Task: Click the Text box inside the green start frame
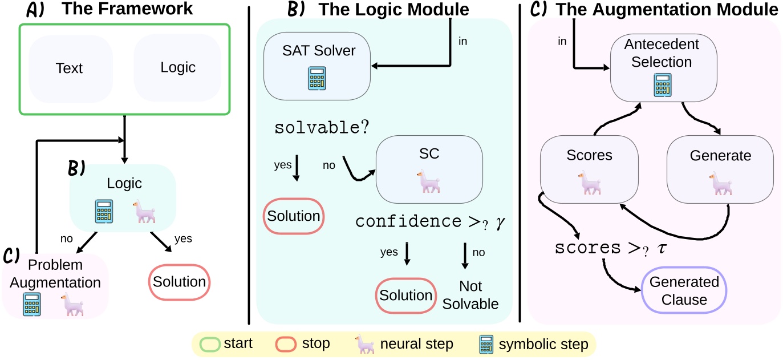[69, 68]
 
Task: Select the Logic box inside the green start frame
[177, 67]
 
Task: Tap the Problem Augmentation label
[55, 274]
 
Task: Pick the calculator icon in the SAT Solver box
[317, 79]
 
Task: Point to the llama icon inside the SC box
[428, 181]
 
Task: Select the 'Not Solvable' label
[471, 295]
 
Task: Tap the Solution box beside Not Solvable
[407, 296]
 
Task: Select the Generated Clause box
[684, 290]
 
